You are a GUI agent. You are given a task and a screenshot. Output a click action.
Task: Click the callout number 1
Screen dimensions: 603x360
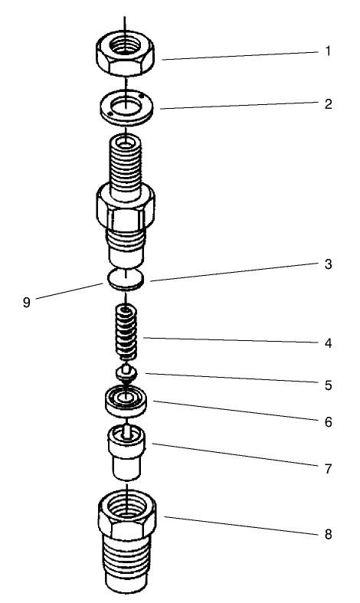[x=328, y=53]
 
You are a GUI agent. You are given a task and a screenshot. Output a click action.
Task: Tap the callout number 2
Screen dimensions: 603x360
[x=328, y=103]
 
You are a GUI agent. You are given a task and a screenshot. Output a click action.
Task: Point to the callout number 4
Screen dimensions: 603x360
[x=328, y=343]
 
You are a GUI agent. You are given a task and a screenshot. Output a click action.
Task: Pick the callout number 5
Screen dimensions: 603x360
[x=328, y=385]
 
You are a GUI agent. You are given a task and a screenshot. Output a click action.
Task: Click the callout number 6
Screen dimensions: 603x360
[x=328, y=421]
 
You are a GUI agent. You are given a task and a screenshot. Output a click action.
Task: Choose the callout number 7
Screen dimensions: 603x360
[x=328, y=468]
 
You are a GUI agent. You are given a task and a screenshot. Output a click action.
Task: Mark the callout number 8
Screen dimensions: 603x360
[x=328, y=534]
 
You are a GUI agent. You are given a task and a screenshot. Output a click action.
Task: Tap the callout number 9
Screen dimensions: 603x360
[x=26, y=302]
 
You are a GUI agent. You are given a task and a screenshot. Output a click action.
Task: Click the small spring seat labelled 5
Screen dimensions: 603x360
[x=126, y=373]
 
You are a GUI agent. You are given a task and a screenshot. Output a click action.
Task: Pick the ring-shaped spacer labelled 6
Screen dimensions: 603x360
[x=127, y=400]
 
